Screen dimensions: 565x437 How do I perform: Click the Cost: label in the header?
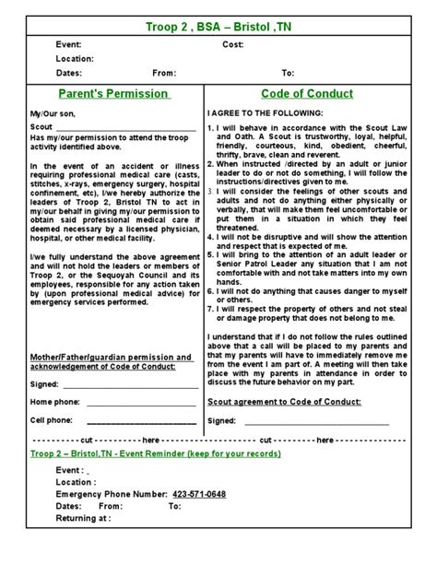coord(232,44)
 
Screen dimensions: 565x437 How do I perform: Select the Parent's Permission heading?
coord(114,93)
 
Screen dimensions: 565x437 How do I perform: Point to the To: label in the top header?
coord(288,72)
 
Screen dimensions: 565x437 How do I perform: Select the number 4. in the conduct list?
coord(211,236)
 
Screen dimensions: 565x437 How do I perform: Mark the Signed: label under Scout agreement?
coord(221,420)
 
